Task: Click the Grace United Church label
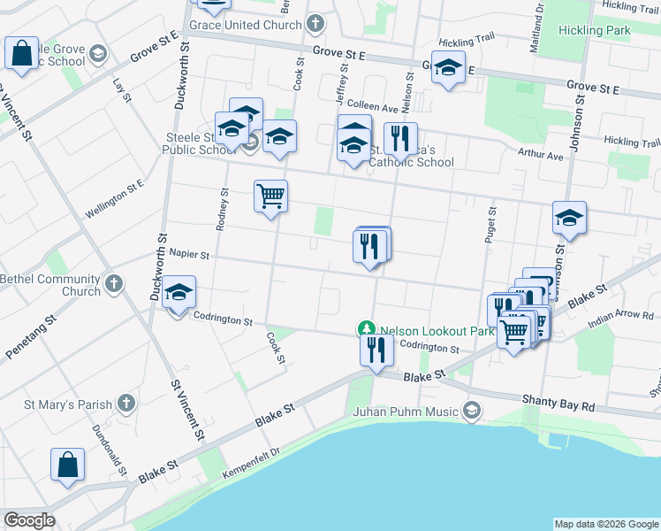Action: click(x=246, y=25)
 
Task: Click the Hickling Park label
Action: click(x=595, y=30)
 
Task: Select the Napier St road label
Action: click(x=188, y=255)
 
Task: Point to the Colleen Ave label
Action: click(x=372, y=107)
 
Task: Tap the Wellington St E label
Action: click(x=114, y=200)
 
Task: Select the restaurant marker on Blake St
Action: click(x=376, y=350)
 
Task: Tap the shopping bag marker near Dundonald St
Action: click(x=67, y=466)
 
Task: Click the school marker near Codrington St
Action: click(x=179, y=295)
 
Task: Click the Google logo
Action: click(x=29, y=520)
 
